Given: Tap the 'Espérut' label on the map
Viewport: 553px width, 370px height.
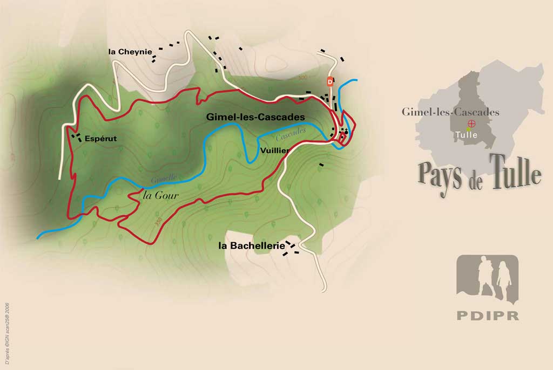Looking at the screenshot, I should click(100, 139).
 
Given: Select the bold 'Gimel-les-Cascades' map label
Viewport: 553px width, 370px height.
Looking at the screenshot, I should click(255, 117).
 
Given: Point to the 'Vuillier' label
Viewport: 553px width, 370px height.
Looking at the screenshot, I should click(274, 150).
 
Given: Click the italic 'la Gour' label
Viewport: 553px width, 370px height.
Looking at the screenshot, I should click(160, 195).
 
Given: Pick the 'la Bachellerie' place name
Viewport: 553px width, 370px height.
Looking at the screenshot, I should click(251, 245).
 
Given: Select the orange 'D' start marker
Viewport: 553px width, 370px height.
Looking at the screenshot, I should click(330, 81).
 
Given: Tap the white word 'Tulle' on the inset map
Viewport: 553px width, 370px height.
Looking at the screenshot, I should click(466, 135).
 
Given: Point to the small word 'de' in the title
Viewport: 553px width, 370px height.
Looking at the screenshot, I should click(476, 183).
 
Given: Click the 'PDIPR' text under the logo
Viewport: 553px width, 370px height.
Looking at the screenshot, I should click(487, 316).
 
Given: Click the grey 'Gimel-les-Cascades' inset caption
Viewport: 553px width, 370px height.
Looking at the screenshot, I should click(450, 112).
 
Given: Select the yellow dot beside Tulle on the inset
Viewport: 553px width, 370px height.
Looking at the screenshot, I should click(469, 130).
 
